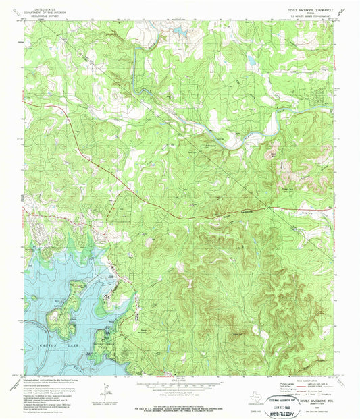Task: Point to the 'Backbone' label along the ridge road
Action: click(230, 211)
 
